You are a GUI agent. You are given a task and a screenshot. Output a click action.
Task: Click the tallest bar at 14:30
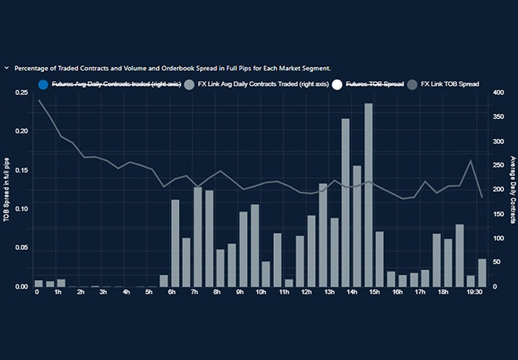click(368, 194)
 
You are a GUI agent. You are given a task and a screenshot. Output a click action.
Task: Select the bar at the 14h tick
click(345, 202)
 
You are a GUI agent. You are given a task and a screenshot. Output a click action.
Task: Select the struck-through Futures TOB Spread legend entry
click(373, 84)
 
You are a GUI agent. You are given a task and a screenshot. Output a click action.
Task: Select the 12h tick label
click(306, 292)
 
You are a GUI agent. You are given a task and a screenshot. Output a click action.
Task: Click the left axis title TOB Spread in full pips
click(6, 187)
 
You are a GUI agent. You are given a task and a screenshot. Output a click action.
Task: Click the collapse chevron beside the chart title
click(6, 68)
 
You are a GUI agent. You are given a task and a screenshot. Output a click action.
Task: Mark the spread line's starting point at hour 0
click(39, 100)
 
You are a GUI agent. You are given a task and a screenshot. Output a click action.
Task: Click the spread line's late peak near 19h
click(471, 161)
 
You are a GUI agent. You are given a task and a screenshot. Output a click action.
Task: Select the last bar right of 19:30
click(482, 272)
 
